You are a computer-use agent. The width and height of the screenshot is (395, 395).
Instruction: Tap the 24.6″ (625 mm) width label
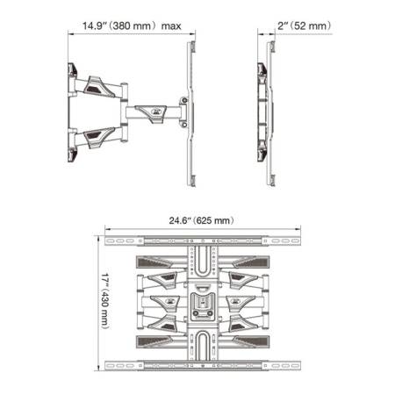(x=202, y=221)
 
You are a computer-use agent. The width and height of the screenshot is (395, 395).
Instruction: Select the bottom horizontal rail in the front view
(x=202, y=364)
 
